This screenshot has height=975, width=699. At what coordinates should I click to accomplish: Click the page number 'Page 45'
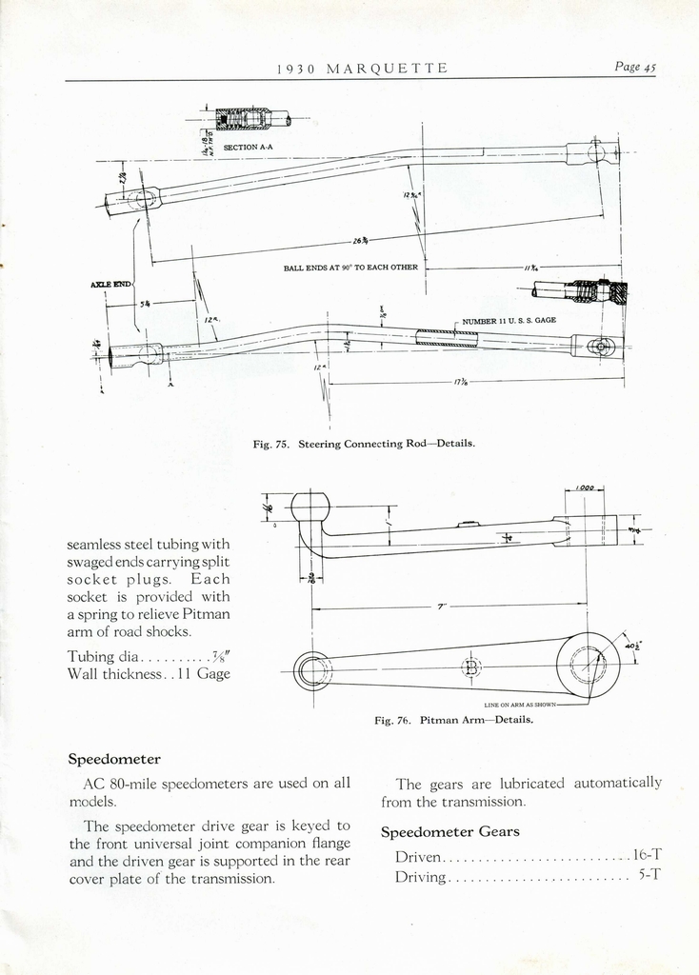(x=635, y=67)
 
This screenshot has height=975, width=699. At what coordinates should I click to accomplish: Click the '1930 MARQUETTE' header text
(x=362, y=68)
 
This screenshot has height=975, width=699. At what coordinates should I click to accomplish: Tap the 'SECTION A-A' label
(x=248, y=148)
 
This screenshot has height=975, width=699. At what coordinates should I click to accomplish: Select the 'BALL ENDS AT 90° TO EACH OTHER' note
(x=350, y=268)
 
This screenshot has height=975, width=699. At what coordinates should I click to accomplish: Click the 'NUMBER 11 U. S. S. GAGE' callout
(x=509, y=321)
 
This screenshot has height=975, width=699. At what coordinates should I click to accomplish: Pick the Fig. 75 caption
(x=364, y=444)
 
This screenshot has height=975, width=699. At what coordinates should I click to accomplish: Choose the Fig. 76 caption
(x=453, y=720)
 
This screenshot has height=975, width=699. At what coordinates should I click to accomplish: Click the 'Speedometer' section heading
(x=114, y=759)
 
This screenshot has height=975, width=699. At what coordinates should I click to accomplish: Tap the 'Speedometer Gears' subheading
(x=450, y=831)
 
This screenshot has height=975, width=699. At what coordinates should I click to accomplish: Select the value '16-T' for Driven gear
(x=647, y=856)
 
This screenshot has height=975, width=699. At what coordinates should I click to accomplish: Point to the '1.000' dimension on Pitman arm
(x=585, y=488)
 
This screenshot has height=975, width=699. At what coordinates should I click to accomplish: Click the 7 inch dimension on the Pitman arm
(x=440, y=607)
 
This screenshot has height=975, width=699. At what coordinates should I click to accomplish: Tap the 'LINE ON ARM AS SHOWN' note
(x=519, y=706)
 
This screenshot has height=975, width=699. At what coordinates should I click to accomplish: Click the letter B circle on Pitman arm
(x=470, y=667)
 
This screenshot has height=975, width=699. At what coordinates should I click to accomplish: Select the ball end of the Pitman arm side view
(x=310, y=507)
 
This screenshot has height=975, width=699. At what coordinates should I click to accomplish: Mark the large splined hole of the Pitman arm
(x=588, y=664)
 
